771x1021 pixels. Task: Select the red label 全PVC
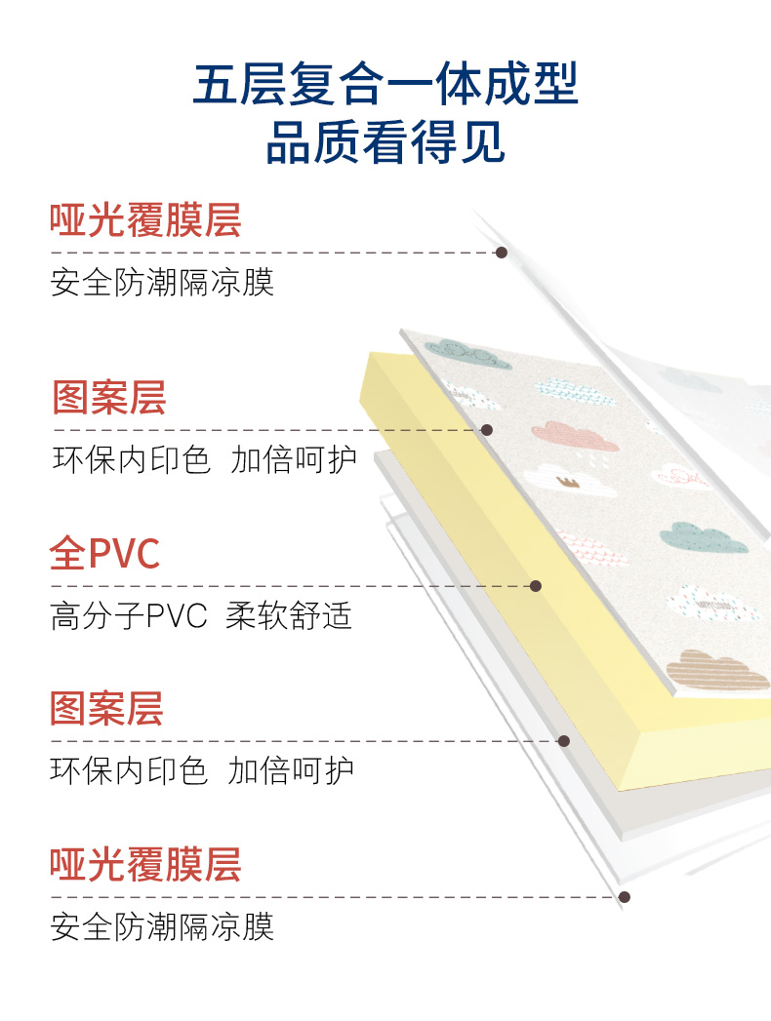click(104, 554)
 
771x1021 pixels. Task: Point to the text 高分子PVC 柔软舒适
click(201, 616)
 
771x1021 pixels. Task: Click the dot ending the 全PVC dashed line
click(535, 586)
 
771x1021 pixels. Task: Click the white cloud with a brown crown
click(570, 479)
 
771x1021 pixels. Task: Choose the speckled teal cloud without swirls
click(702, 537)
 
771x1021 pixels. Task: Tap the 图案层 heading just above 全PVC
click(109, 398)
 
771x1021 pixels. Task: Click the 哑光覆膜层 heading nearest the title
click(145, 220)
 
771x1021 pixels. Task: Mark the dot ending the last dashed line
click(625, 897)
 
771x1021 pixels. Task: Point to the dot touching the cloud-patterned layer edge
click(487, 430)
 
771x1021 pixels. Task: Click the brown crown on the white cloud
click(565, 481)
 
